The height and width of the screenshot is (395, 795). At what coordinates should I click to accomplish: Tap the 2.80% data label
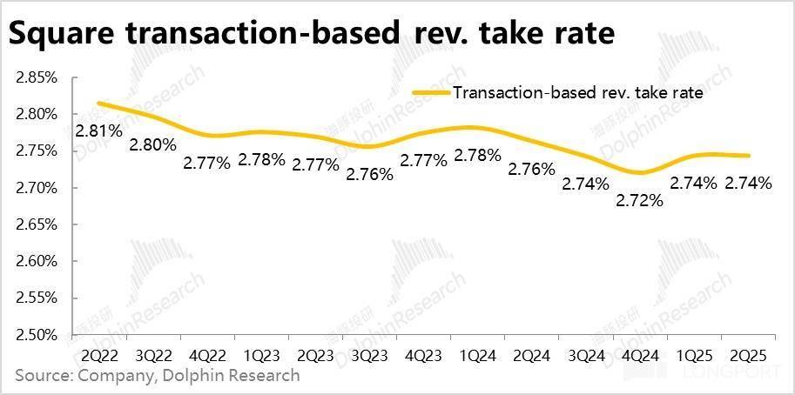click(x=152, y=144)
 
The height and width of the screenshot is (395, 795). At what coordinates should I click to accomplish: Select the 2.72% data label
click(x=641, y=200)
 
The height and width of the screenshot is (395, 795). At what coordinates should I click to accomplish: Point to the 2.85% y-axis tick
click(x=37, y=77)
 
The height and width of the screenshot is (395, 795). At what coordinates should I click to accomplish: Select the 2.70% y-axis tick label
click(x=37, y=188)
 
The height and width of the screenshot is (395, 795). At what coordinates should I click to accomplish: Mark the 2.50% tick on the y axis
click(x=37, y=335)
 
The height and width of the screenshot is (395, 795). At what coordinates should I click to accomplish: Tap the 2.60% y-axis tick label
click(x=37, y=261)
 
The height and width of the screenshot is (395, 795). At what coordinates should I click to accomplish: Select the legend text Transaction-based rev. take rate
click(x=577, y=92)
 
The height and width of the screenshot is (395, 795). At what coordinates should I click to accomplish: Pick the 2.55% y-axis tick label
click(x=37, y=298)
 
